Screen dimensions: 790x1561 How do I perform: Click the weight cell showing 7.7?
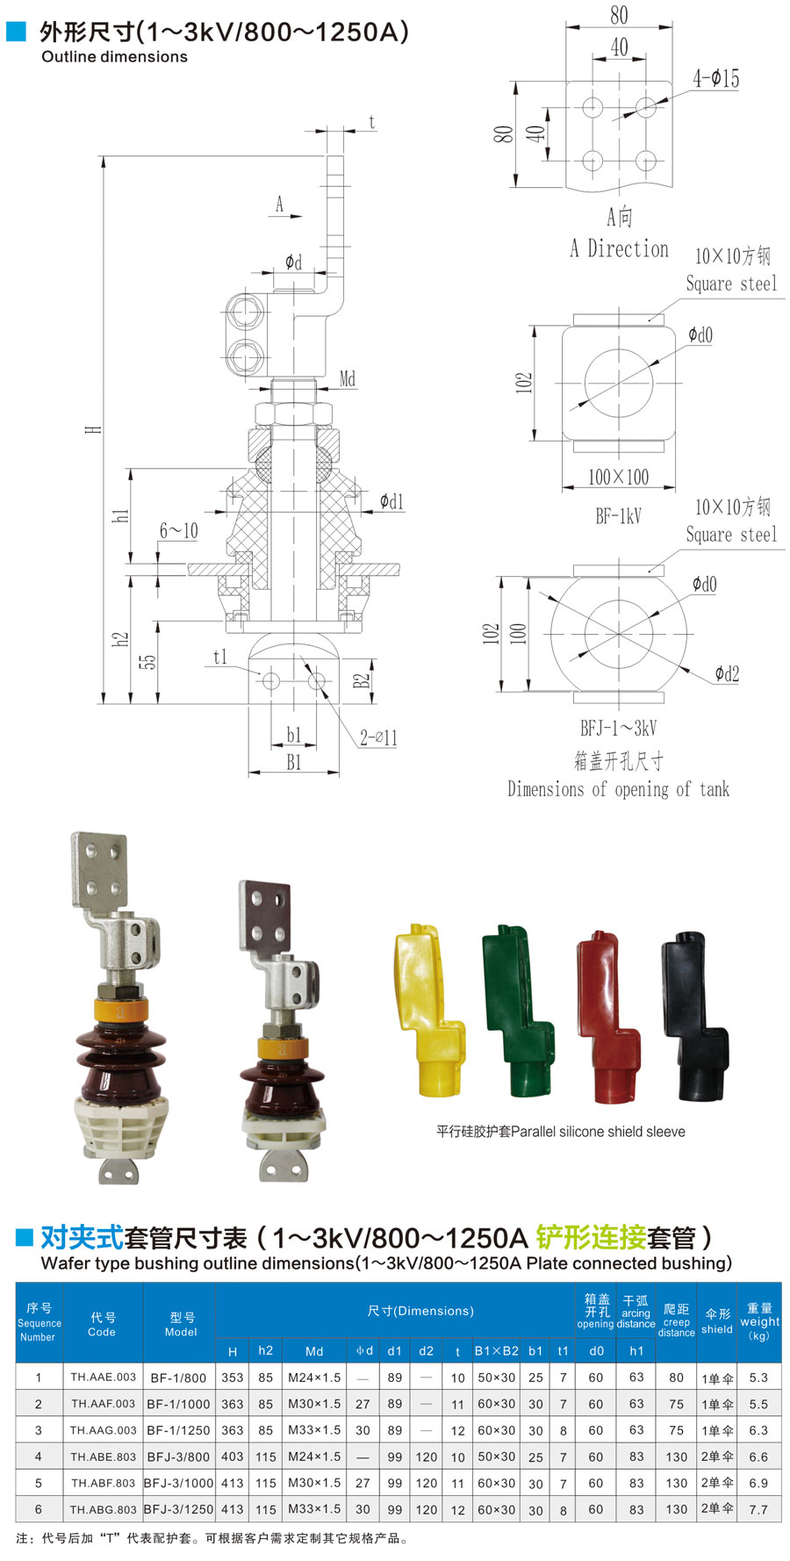tap(758, 1509)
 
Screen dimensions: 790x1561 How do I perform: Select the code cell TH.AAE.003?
tap(104, 1377)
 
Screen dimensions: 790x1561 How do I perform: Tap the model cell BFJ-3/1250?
tap(179, 1509)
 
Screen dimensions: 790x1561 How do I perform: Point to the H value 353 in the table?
tap(233, 1378)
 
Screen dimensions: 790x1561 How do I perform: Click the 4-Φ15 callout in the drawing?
tap(716, 78)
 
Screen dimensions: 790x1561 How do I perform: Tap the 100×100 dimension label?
tap(619, 477)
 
